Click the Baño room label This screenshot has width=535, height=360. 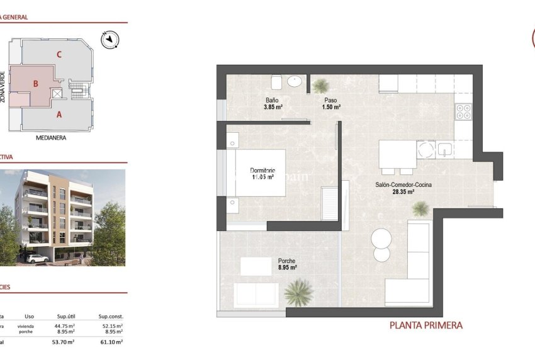coord(272,101)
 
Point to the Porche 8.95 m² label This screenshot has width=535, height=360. coord(287,264)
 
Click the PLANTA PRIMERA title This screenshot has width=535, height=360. coord(426,325)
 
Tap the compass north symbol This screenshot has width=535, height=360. coord(110,40)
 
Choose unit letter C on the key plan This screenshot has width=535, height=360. coord(59,54)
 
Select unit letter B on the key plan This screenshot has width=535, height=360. coord(36,83)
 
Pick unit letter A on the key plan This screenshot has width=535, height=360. coord(59,115)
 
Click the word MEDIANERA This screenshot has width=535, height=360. coord(52,137)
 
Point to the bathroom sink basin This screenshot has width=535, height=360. coord(295,81)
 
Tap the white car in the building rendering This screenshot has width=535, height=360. coord(37,257)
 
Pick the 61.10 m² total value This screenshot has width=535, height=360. coord(111,342)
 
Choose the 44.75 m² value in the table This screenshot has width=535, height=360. coord(64,326)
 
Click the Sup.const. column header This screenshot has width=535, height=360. coord(111,317)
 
